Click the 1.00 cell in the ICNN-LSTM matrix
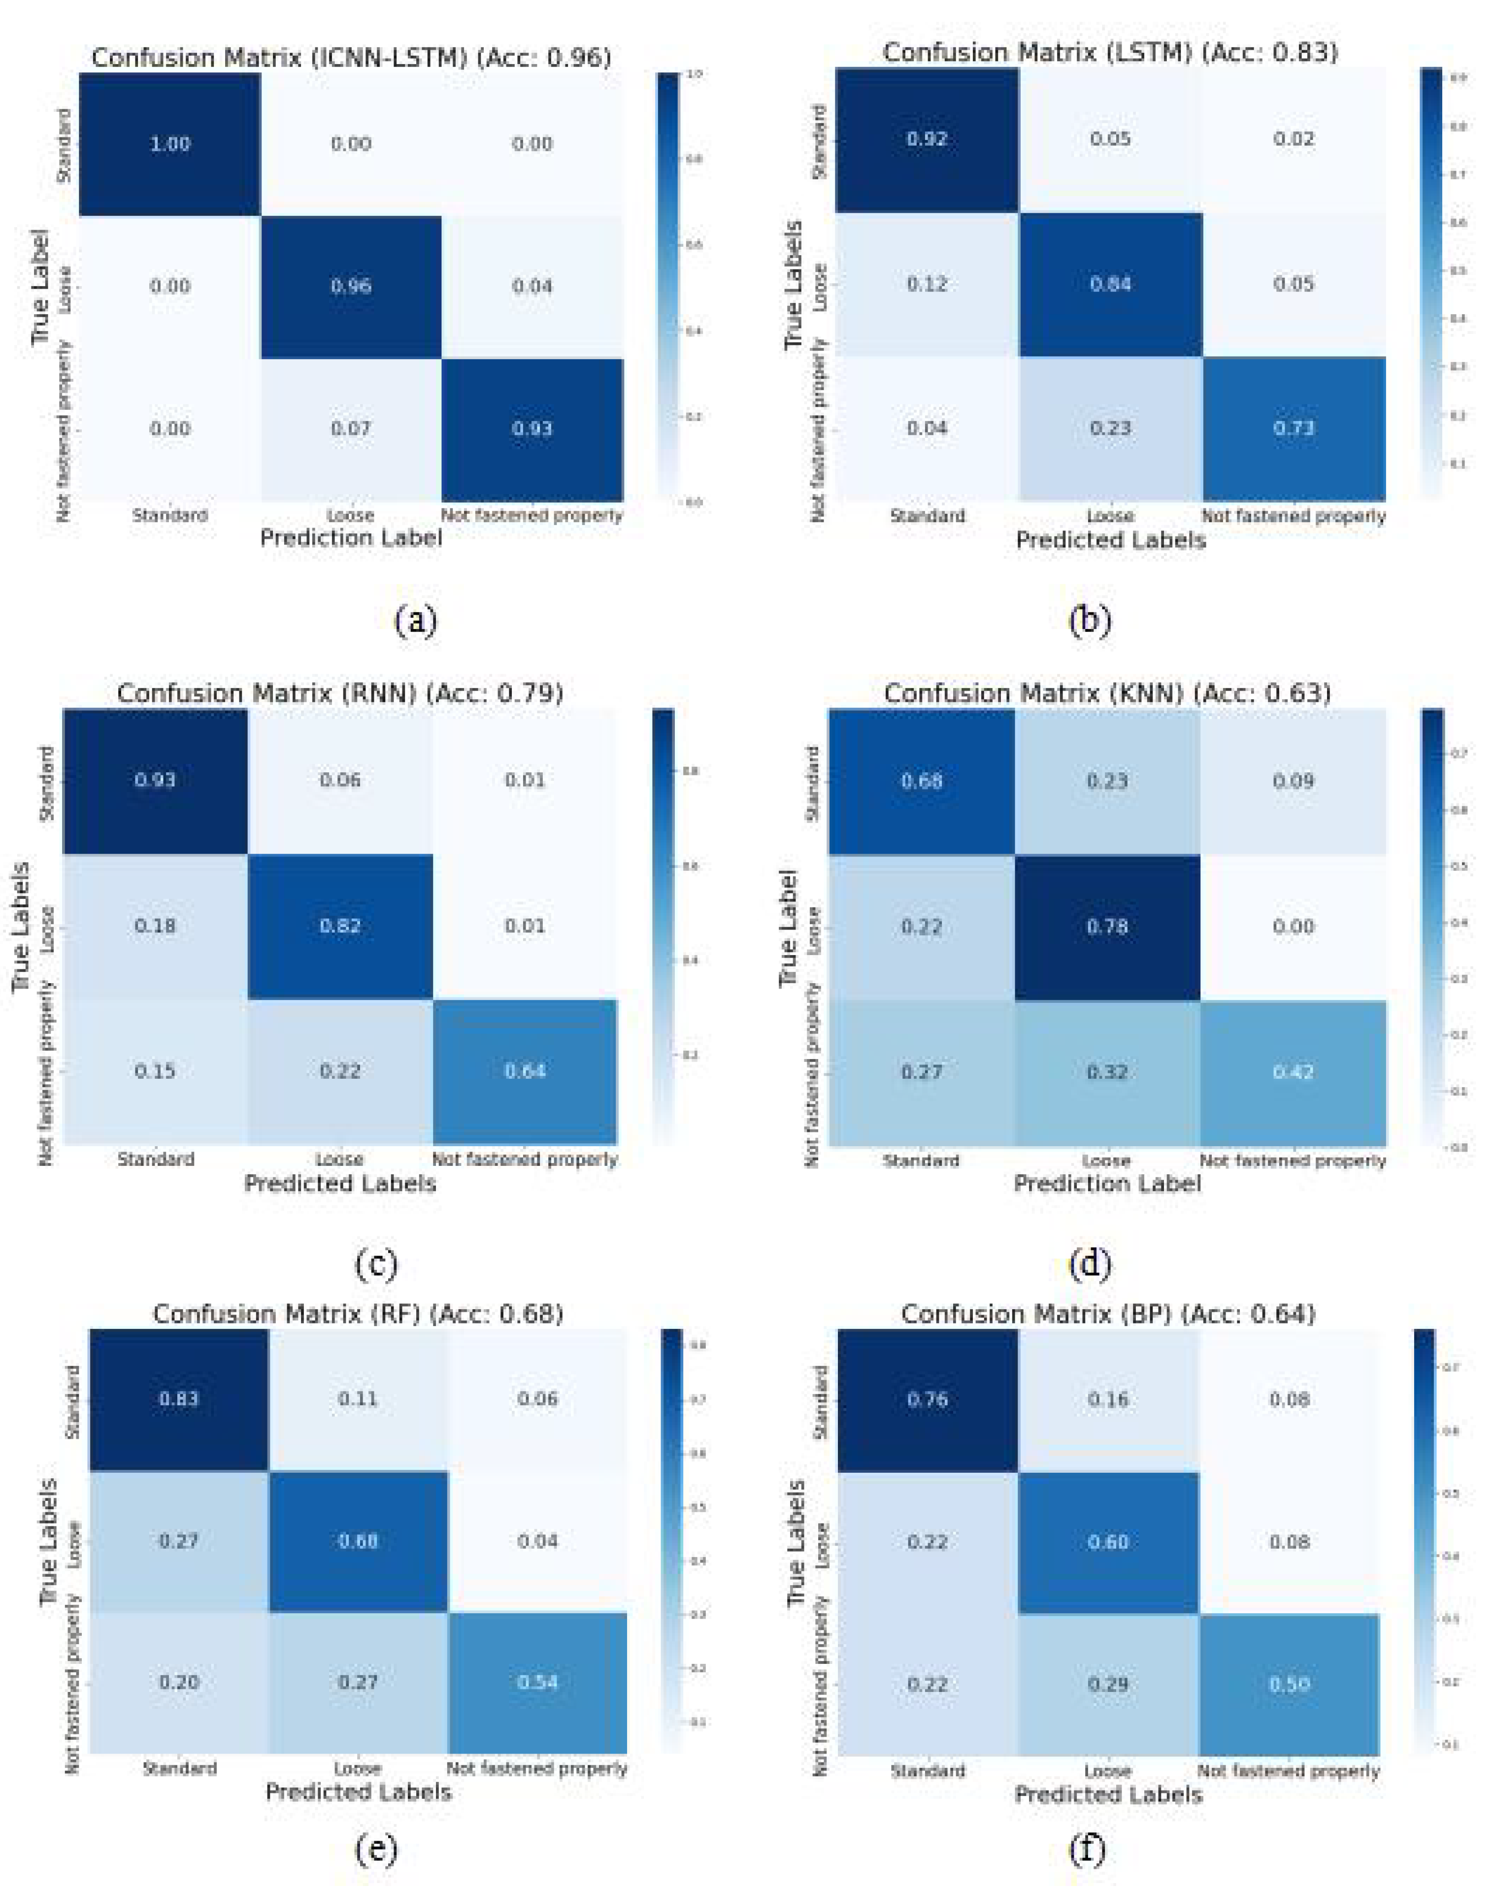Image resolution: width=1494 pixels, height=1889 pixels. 169,144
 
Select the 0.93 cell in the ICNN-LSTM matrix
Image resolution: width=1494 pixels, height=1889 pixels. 532,429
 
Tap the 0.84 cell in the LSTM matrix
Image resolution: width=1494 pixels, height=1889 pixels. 1110,283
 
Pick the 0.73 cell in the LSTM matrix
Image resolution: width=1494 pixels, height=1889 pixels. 1293,428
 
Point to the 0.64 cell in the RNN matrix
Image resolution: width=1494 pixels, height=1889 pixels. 525,1070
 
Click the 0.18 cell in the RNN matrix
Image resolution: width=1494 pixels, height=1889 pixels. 155,925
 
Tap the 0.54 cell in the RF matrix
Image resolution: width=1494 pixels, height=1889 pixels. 537,1681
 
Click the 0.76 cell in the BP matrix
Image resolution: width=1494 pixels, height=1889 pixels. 927,1399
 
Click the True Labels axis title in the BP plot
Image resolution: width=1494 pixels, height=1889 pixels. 796,1543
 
